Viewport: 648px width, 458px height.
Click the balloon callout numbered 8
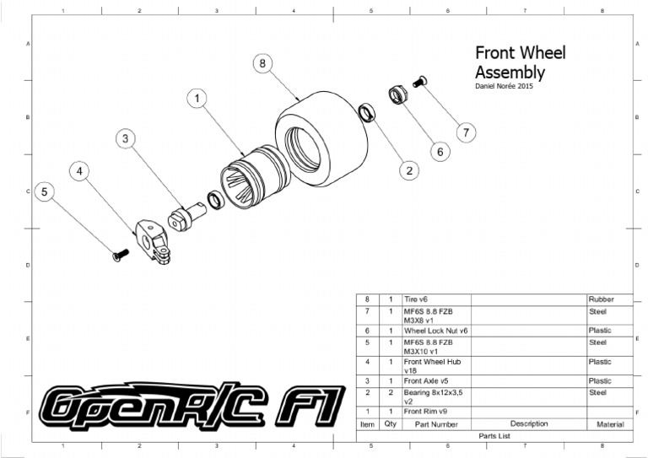coord(263,63)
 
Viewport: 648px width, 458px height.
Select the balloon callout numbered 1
coord(197,99)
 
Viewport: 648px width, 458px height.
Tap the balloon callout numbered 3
coord(125,138)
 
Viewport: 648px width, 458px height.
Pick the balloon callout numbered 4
coord(80,171)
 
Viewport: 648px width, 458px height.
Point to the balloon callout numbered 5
coord(46,191)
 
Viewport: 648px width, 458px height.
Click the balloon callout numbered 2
coord(409,170)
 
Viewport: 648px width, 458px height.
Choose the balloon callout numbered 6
coord(440,151)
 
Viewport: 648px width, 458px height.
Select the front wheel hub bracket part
coord(154,241)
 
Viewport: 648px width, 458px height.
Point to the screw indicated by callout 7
coord(421,81)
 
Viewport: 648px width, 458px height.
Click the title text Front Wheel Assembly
coord(520,62)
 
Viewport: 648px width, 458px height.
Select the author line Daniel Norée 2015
coord(505,85)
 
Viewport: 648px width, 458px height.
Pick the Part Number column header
coord(433,424)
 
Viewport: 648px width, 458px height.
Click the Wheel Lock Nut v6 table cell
coord(435,331)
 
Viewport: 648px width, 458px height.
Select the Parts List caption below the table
coord(495,435)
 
